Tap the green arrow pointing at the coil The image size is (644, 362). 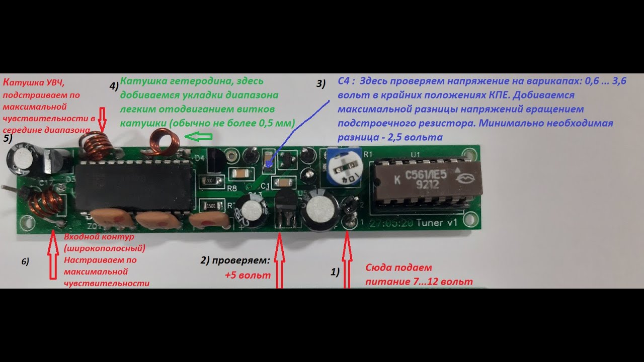[x=198, y=136]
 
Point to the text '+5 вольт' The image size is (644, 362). [x=248, y=276]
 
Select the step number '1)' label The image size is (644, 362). [x=335, y=272]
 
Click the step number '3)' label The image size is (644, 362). [x=321, y=84]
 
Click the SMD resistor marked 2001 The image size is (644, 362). [x=209, y=180]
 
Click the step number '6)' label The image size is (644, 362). [x=25, y=261]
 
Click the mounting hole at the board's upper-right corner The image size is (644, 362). [x=471, y=151]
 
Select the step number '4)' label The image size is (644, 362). [x=114, y=85]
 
